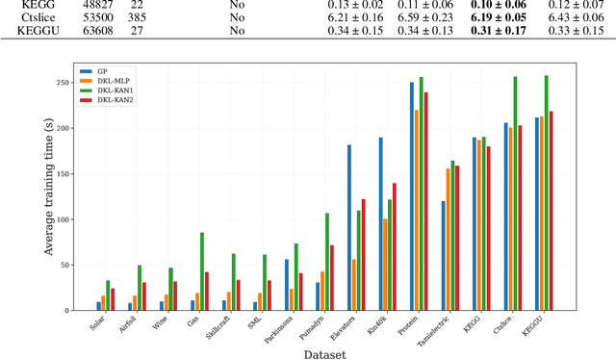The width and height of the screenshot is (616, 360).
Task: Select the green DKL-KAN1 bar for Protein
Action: [422, 193]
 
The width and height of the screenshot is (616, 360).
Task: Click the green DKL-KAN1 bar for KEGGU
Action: [547, 193]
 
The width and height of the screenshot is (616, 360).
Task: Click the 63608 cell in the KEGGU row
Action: [94, 32]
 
